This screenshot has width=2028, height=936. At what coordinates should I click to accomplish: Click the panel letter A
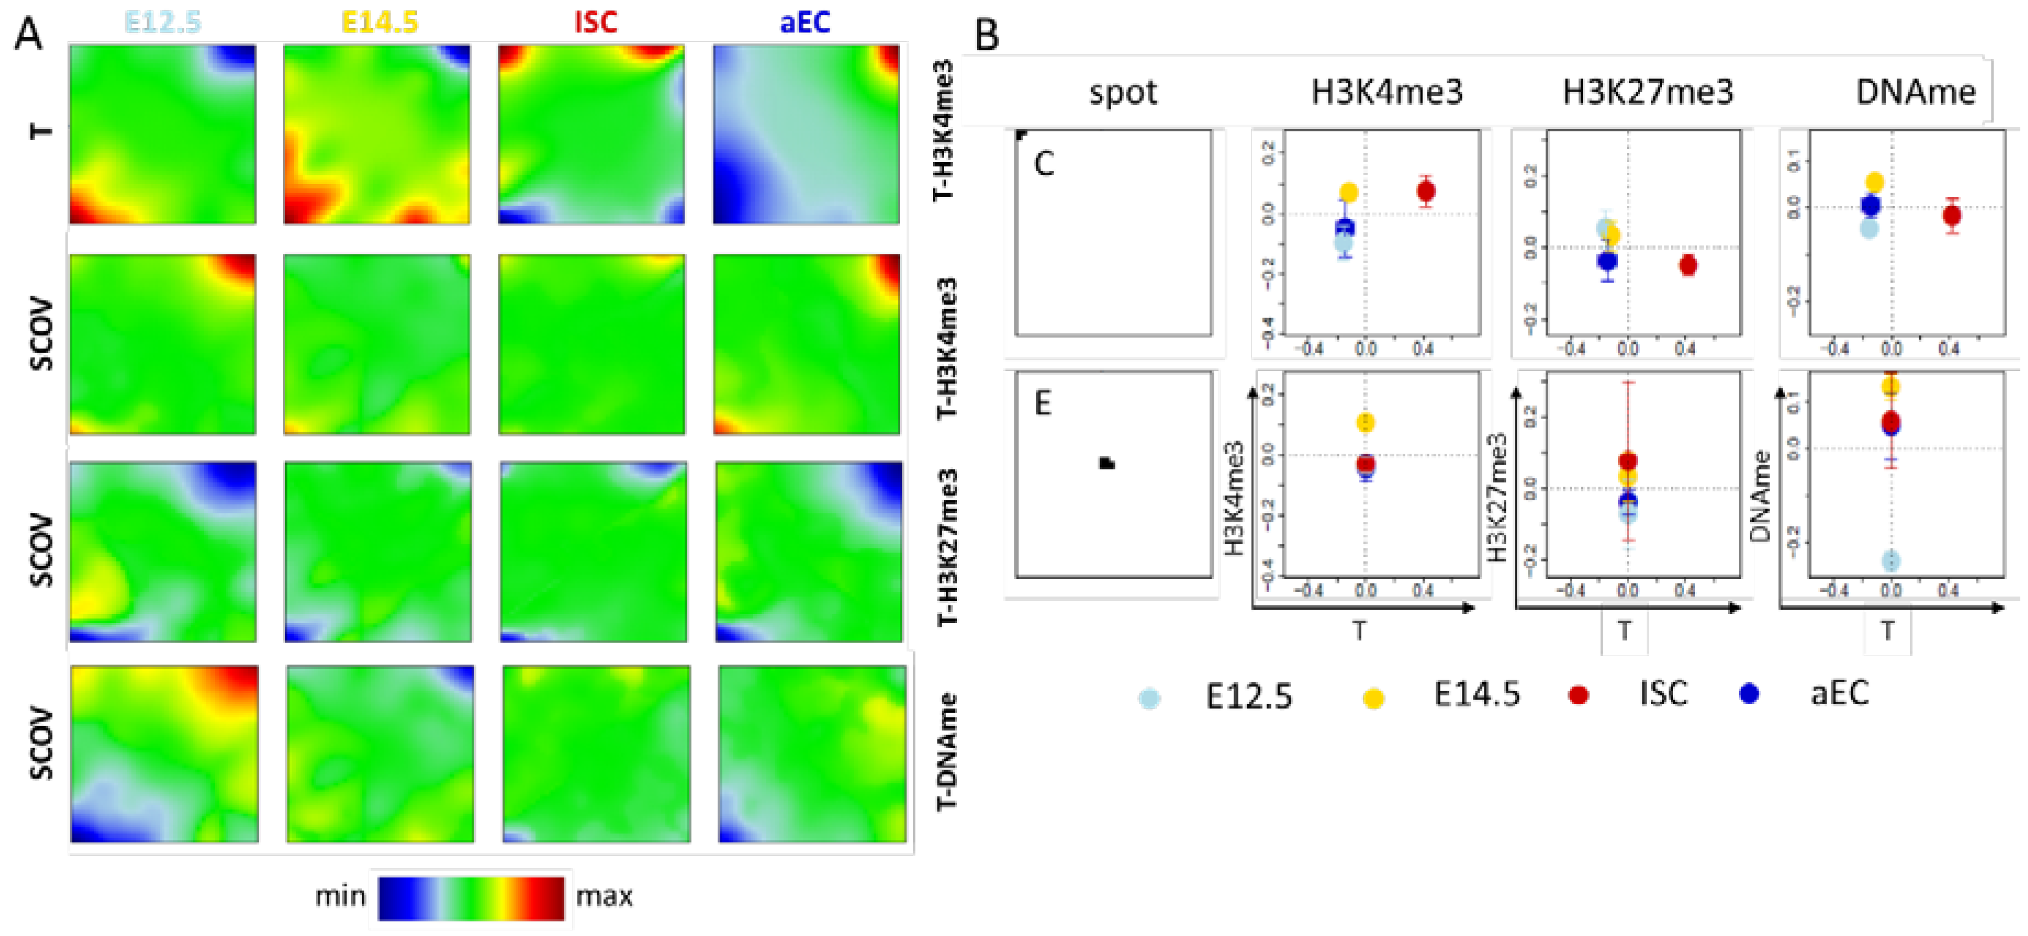pyautogui.click(x=29, y=35)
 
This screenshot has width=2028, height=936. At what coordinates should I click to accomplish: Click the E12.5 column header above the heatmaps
pyautogui.click(x=163, y=22)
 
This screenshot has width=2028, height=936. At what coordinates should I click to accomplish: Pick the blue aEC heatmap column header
pyautogui.click(x=804, y=22)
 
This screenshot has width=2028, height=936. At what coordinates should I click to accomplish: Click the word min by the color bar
pyautogui.click(x=340, y=896)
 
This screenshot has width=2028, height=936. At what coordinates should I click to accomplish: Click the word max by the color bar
pyautogui.click(x=604, y=896)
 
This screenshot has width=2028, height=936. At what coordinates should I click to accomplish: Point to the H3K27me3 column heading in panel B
pyautogui.click(x=1648, y=92)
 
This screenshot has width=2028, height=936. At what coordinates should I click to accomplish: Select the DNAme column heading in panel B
pyautogui.click(x=1915, y=92)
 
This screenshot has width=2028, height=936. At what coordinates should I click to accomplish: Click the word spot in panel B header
pyautogui.click(x=1123, y=93)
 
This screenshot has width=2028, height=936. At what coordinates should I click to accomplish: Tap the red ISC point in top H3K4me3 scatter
pyautogui.click(x=1426, y=191)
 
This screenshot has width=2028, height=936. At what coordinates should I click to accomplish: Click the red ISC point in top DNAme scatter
pyautogui.click(x=1952, y=216)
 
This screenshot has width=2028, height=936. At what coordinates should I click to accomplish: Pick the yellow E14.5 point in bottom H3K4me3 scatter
pyautogui.click(x=1366, y=423)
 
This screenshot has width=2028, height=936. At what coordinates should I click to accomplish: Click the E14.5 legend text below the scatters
pyautogui.click(x=1476, y=694)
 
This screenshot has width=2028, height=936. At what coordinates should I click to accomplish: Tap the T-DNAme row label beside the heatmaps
pyautogui.click(x=947, y=752)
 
